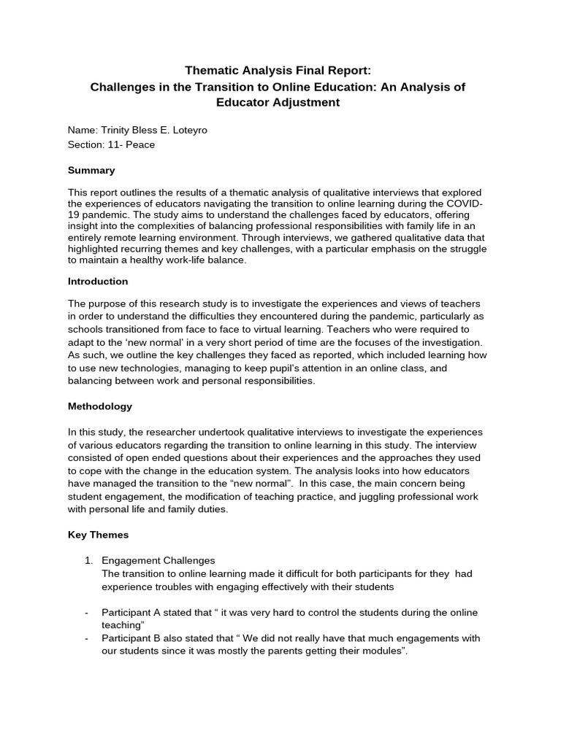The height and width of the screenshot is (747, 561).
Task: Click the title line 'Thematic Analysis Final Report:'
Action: [x=278, y=70]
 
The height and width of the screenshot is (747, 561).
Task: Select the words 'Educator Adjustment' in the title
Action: [x=278, y=102]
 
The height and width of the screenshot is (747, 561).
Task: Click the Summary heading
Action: [x=91, y=170]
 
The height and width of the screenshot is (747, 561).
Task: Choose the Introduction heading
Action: [x=98, y=281]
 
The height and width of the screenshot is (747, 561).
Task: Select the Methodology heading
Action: [x=100, y=406]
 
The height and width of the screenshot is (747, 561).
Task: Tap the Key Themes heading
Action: [x=98, y=535]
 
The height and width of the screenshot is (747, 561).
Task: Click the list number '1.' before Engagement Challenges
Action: [x=89, y=560]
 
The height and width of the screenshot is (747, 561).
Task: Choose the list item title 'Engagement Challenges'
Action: [x=159, y=560]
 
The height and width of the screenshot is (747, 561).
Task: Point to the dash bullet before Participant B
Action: [x=86, y=638]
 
